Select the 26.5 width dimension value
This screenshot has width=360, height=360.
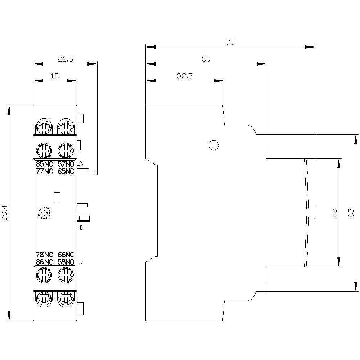65,59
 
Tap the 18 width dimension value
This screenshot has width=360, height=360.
54,76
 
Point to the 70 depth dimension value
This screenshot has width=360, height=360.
230,42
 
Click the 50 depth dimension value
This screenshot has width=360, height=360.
206,59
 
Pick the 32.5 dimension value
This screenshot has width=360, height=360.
185,76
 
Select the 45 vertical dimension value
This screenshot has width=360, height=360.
334,213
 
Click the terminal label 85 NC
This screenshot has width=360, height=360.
44,164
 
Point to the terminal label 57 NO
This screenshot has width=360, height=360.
66,164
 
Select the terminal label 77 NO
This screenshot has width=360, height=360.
44,171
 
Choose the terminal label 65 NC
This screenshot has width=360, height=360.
66,171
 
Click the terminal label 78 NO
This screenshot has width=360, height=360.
44,255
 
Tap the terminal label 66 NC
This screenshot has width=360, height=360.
66,255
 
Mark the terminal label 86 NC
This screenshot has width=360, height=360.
44,262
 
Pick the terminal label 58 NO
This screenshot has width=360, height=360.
66,262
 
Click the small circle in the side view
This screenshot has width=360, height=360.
213,145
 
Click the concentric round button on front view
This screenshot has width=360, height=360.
44,213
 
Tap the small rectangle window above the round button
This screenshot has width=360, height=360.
57,197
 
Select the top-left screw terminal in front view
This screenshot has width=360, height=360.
44,126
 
